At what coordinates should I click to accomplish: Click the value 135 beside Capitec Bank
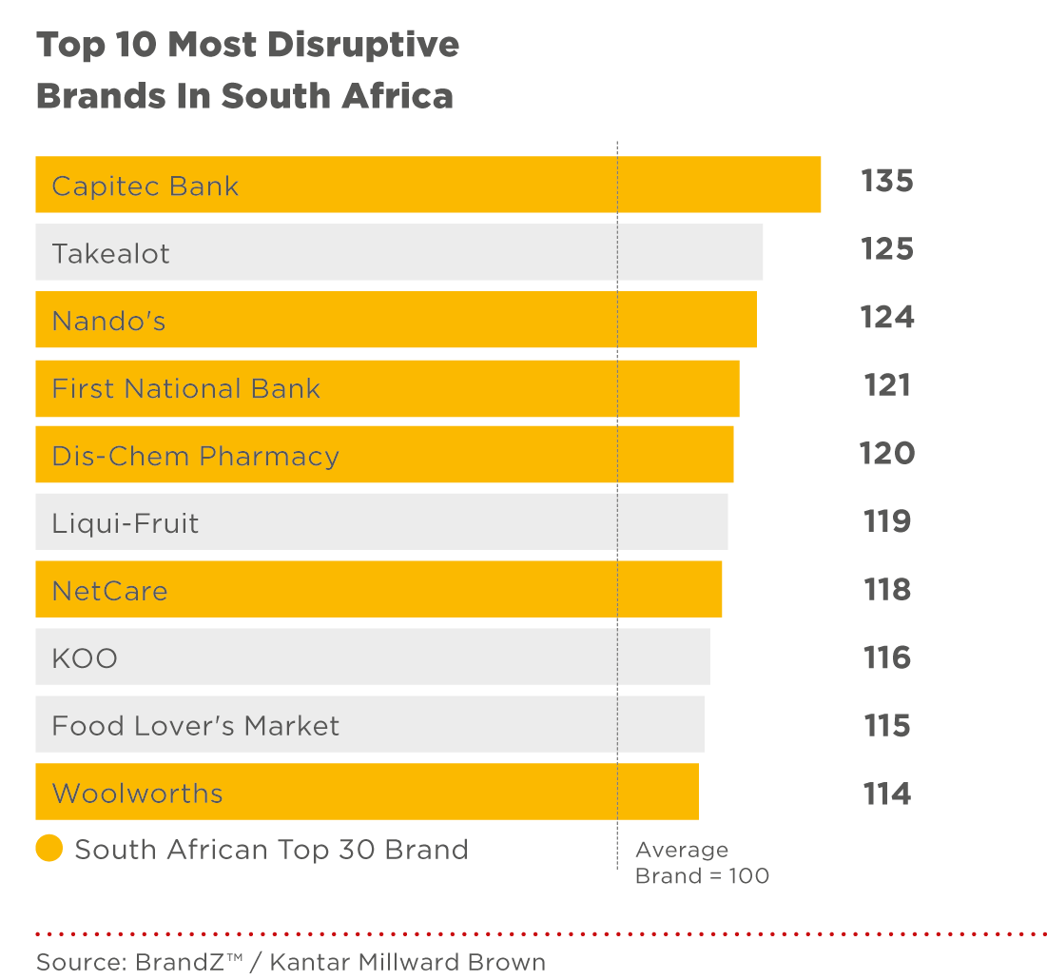886,181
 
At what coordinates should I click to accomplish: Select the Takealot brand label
110,254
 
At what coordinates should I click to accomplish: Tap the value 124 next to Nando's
886,317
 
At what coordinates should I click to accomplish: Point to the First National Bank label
185,389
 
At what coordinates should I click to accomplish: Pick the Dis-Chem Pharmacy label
195,457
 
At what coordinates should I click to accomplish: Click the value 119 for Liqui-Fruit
886,521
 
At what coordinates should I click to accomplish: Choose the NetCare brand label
109,592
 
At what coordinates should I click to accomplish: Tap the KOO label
85,658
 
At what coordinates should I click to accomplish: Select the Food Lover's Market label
195,727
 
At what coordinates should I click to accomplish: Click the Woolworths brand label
137,794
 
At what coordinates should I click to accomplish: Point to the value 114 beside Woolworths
886,794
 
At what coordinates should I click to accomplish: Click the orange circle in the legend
49,849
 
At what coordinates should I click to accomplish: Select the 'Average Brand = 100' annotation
701,863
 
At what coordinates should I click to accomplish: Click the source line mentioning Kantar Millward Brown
291,961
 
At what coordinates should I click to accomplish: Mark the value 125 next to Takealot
886,249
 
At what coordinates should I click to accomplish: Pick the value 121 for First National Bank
886,385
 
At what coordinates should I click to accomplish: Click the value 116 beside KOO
886,657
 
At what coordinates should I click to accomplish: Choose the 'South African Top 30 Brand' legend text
271,850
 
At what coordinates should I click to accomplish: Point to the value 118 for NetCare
886,590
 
